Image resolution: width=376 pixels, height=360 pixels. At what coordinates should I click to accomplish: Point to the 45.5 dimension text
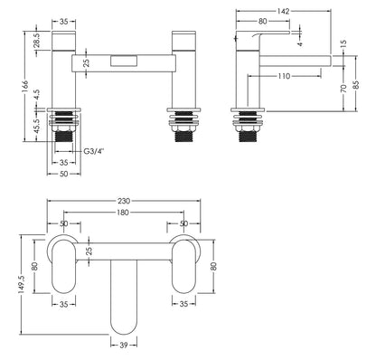pyautogui.click(x=36, y=128)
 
